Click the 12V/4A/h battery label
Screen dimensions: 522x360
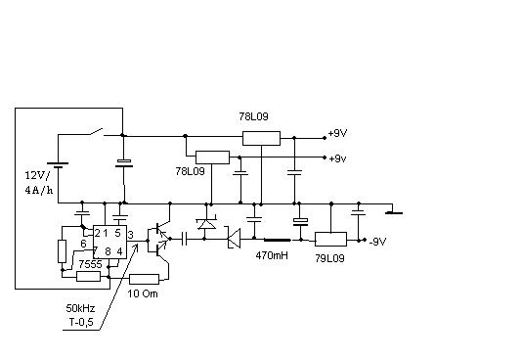coord(39,183)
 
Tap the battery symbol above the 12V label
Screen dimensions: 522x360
coord(58,165)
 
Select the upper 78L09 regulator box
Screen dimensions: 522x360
coord(261,138)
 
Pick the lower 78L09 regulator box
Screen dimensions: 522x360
coord(212,157)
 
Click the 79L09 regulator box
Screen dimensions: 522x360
coord(330,239)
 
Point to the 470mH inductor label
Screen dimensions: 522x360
coord(272,255)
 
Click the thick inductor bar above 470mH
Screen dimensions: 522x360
coord(277,240)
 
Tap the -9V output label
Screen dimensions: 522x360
coord(377,242)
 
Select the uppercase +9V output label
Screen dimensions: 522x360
coord(337,134)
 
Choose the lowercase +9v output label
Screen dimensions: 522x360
coord(337,158)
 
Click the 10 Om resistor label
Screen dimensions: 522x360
coord(143,293)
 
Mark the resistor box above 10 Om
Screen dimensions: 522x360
coord(144,279)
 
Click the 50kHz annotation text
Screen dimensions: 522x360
coord(80,308)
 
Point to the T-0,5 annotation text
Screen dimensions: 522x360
coord(81,322)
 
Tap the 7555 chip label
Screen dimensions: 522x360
coord(90,264)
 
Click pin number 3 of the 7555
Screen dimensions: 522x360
coord(131,236)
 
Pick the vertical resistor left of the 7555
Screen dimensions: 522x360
coord(62,251)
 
